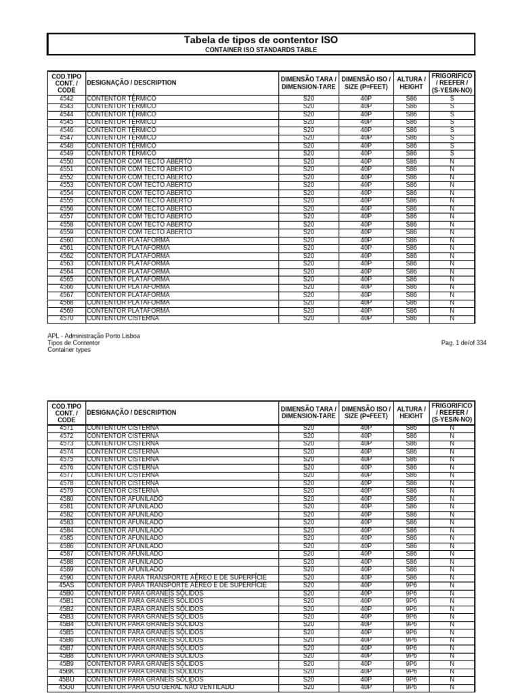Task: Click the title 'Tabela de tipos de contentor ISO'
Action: click(x=261, y=41)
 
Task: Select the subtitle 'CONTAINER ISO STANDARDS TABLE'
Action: click(x=261, y=50)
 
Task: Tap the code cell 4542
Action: click(x=66, y=99)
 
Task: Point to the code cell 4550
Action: click(x=66, y=162)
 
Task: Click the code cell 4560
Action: click(x=66, y=240)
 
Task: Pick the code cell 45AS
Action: click(x=66, y=585)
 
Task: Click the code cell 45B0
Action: click(x=66, y=593)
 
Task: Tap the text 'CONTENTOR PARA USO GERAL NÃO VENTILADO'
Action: click(x=160, y=687)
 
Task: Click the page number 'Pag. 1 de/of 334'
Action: click(x=463, y=343)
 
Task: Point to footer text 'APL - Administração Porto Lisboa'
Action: click(x=94, y=336)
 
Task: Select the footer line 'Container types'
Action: click(x=69, y=350)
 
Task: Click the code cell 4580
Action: click(x=66, y=499)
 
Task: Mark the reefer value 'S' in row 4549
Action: click(x=452, y=154)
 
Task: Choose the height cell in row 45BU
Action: click(x=411, y=679)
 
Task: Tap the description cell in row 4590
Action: click(x=177, y=577)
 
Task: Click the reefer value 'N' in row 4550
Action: click(x=452, y=162)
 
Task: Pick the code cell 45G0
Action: click(x=66, y=687)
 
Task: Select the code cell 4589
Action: click(x=66, y=569)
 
